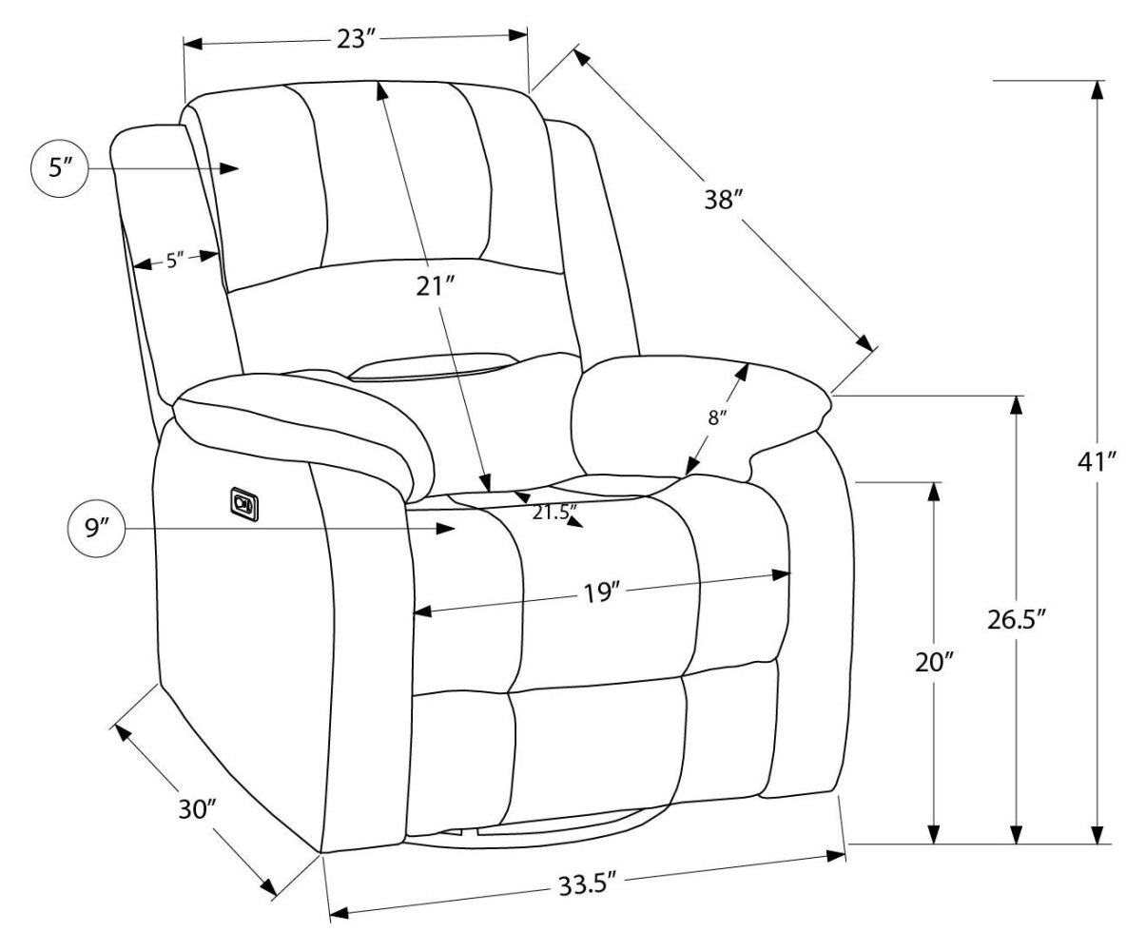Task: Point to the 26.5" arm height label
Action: [x=1017, y=619]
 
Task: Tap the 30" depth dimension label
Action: [x=199, y=809]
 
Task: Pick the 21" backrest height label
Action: [x=437, y=285]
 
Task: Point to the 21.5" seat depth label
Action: [x=554, y=513]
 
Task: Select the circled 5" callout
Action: [x=62, y=169]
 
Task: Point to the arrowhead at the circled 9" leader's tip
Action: [x=447, y=529]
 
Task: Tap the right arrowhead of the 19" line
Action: [x=782, y=574]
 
